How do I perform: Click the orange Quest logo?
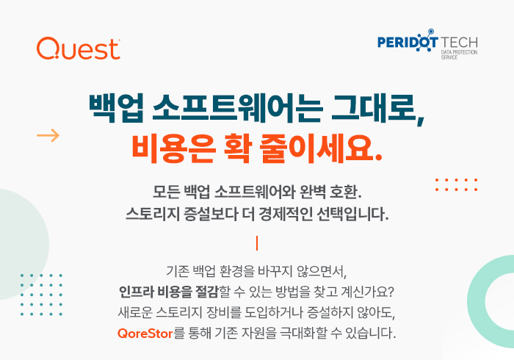coord(79,48)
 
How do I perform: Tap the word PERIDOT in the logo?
coord(408,42)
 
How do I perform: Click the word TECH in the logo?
coord(459,43)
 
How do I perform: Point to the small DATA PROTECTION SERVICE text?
coord(459,55)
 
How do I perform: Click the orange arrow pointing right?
coord(48,135)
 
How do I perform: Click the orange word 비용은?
coord(174,148)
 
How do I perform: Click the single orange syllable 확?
coord(238,148)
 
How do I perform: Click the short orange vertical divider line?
coord(257,243)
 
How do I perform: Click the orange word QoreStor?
coord(145,334)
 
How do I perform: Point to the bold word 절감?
coord(207,292)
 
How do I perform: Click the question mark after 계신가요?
coord(390,292)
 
